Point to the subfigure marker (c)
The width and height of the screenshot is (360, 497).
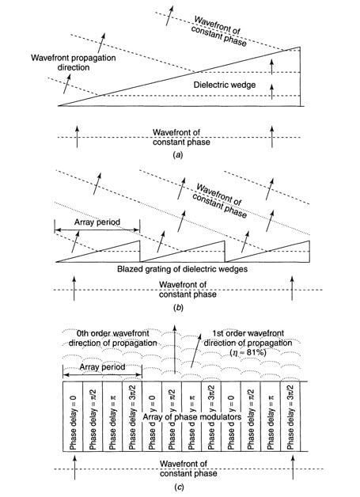point(179,488)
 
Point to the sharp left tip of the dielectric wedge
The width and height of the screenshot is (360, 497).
point(59,106)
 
